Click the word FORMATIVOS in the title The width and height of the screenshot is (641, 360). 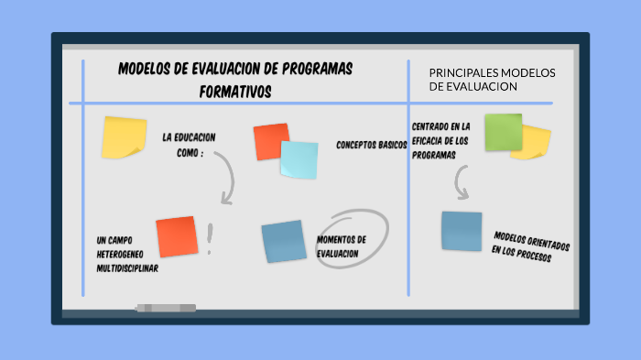pos(235,93)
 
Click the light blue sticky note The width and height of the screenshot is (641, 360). pos(299,159)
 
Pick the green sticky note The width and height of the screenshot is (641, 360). pos(502,131)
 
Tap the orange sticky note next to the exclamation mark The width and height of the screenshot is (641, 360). pos(177,236)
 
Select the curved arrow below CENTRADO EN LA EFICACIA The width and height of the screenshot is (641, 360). pos(462,183)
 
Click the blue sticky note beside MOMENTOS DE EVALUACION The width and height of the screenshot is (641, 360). pos(283,241)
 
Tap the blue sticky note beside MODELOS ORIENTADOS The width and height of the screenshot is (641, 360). pos(462,231)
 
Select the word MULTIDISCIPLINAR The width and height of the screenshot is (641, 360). pos(127,268)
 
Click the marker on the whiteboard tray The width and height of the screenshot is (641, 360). pos(166,308)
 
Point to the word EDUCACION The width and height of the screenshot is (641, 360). pos(195,137)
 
